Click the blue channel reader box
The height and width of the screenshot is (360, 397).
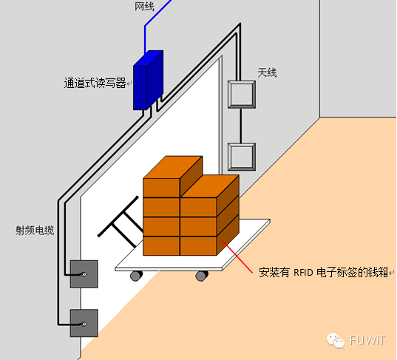[148, 81]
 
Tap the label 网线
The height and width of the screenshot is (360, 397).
[144, 7]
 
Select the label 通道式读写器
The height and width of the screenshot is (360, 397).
[95, 83]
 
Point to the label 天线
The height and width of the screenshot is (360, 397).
[267, 72]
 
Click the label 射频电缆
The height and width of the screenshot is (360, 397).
[35, 231]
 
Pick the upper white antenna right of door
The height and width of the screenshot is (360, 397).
[242, 95]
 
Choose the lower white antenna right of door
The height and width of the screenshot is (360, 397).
[242, 157]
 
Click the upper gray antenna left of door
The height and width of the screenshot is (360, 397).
[84, 274]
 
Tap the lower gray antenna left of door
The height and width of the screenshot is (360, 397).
[84, 323]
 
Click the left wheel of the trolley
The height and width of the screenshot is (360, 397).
[136, 276]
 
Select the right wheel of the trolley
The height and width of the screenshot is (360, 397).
[202, 276]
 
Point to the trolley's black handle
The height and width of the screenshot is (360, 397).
[119, 223]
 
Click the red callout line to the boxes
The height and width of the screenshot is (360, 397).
[237, 257]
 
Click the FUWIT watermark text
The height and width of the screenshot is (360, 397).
[367, 341]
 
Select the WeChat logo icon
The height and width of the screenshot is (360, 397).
[336, 341]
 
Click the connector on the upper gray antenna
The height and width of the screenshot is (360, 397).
[84, 274]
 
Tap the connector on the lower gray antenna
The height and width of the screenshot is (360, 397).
[84, 324]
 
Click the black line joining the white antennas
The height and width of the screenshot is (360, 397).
[241, 126]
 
